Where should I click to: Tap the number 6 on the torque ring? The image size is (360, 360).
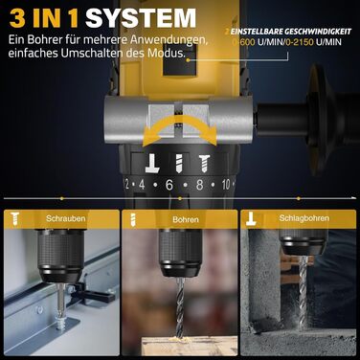click(x=170, y=184)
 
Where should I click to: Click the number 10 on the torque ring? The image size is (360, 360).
click(x=226, y=183)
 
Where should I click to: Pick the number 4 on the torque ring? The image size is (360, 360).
click(x=143, y=184)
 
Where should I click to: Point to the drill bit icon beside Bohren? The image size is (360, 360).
click(x=135, y=219)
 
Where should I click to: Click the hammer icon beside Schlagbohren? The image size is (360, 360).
click(x=254, y=219)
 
